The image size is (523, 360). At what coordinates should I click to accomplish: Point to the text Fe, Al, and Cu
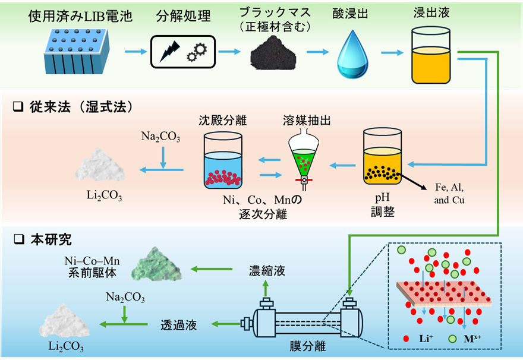click(449, 194)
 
